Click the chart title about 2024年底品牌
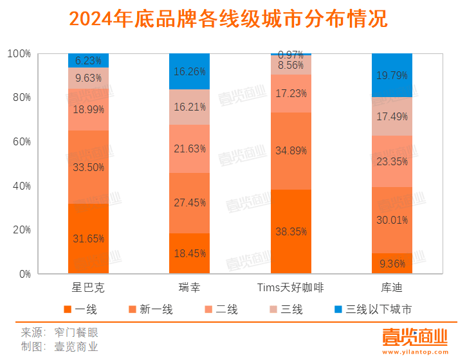(x=228, y=19)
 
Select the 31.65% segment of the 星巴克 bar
(x=88, y=239)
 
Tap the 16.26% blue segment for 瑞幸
(x=190, y=72)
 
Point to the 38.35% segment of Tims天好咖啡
(x=291, y=231)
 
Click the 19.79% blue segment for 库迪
(x=392, y=75)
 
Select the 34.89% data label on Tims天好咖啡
(x=291, y=150)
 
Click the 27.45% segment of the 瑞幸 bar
(x=190, y=203)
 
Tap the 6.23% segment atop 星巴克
(x=88, y=60)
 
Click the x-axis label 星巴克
(x=88, y=287)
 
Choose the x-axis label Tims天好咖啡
(x=291, y=287)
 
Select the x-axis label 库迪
(x=392, y=287)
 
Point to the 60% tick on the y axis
(x=22, y=142)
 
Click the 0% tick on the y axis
(x=24, y=274)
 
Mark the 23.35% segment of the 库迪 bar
(x=392, y=161)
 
